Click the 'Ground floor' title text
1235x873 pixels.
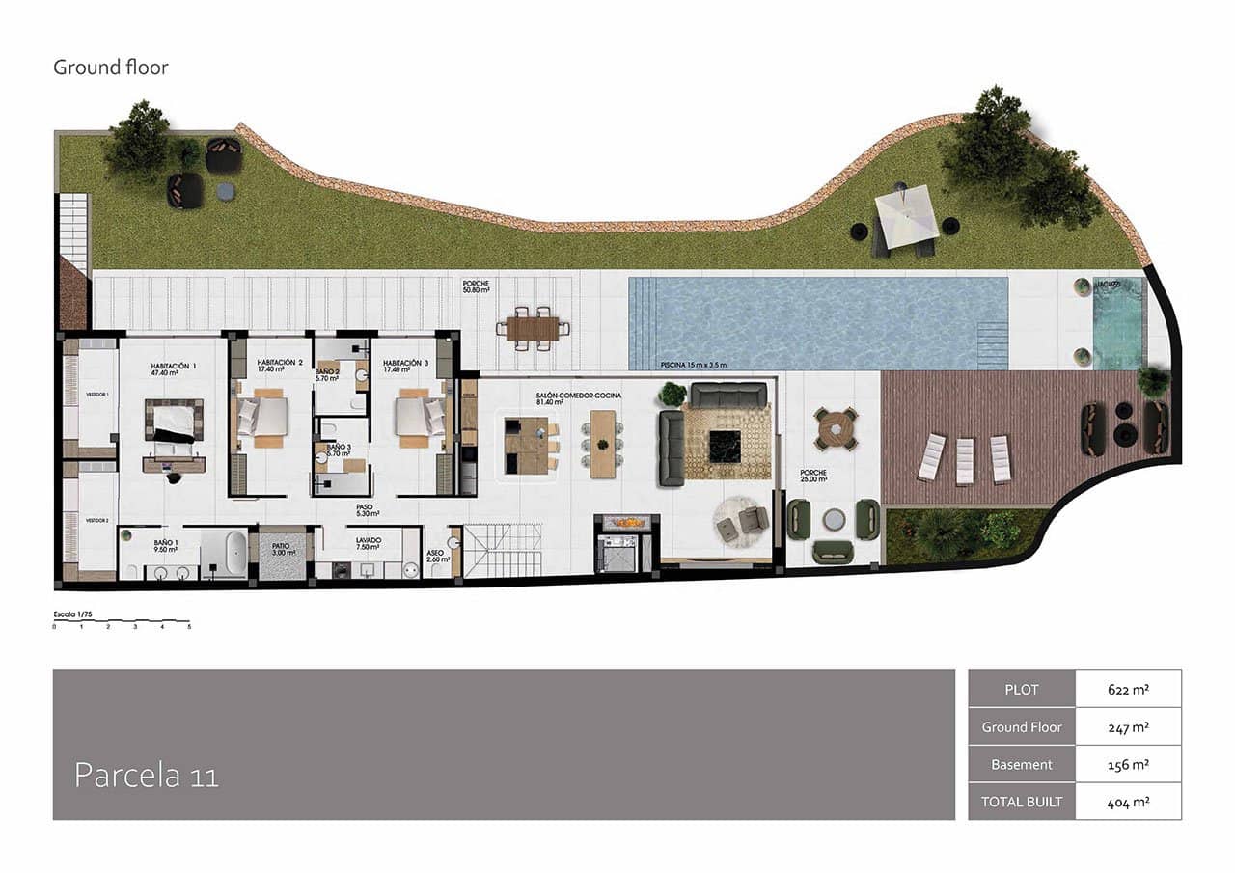[111, 68]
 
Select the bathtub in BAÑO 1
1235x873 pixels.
[234, 555]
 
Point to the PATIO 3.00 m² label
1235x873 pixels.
[281, 549]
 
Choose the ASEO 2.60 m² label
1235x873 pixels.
[435, 557]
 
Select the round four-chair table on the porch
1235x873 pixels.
[836, 429]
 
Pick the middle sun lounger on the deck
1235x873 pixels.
[966, 461]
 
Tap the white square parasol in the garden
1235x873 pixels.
[906, 212]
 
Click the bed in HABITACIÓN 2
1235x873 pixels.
[263, 417]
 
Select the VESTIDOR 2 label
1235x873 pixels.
[96, 521]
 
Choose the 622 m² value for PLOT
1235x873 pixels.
[1128, 690]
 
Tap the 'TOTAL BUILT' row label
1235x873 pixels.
[1022, 802]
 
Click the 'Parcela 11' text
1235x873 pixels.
[147, 776]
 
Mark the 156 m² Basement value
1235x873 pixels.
[1128, 764]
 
